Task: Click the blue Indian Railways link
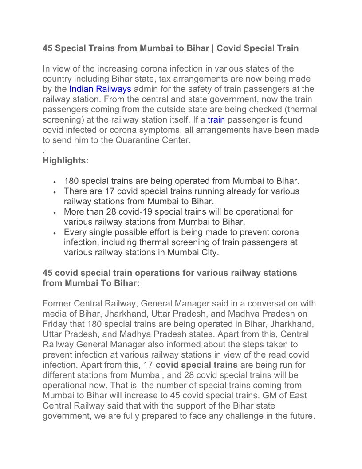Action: tap(100, 89)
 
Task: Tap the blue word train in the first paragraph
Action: tap(216, 119)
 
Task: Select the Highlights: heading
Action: tap(66, 161)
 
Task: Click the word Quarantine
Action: tap(138, 140)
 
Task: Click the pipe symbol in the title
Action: tap(212, 48)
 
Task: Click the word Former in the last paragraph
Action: tap(57, 304)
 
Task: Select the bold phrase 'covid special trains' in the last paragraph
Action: tap(197, 365)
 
